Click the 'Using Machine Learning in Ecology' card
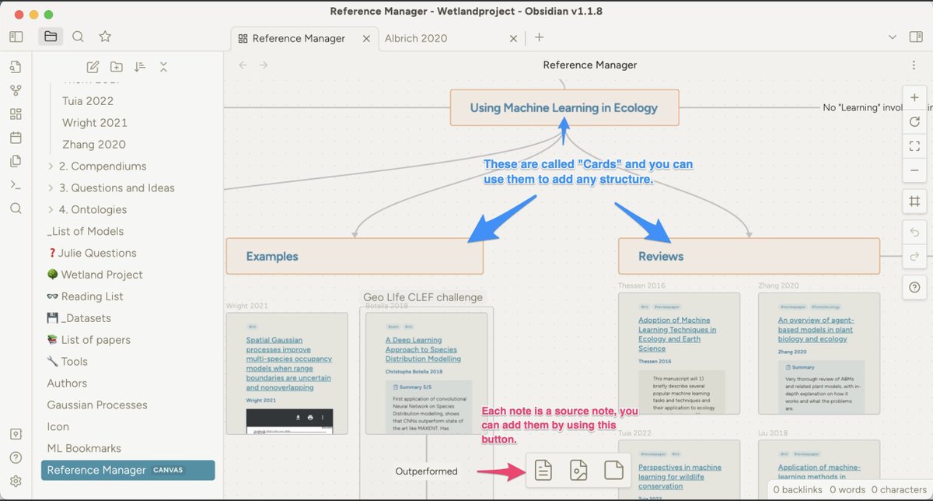pyautogui.click(x=564, y=108)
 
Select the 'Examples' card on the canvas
pyautogui.click(x=354, y=256)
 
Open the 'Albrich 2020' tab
pyautogui.click(x=418, y=38)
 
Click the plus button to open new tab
pyautogui.click(x=539, y=37)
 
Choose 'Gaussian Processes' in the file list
pyautogui.click(x=97, y=405)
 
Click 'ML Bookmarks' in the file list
pyautogui.click(x=84, y=448)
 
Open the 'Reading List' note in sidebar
pyautogui.click(x=92, y=296)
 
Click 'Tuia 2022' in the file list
pyautogui.click(x=88, y=101)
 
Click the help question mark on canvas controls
pyautogui.click(x=914, y=287)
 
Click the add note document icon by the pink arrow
pyautogui.click(x=543, y=470)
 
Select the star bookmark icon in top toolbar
pyautogui.click(x=105, y=37)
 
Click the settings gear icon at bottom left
pyautogui.click(x=16, y=482)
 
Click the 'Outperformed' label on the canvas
pyautogui.click(x=426, y=471)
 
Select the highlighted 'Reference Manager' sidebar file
pyautogui.click(x=96, y=470)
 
